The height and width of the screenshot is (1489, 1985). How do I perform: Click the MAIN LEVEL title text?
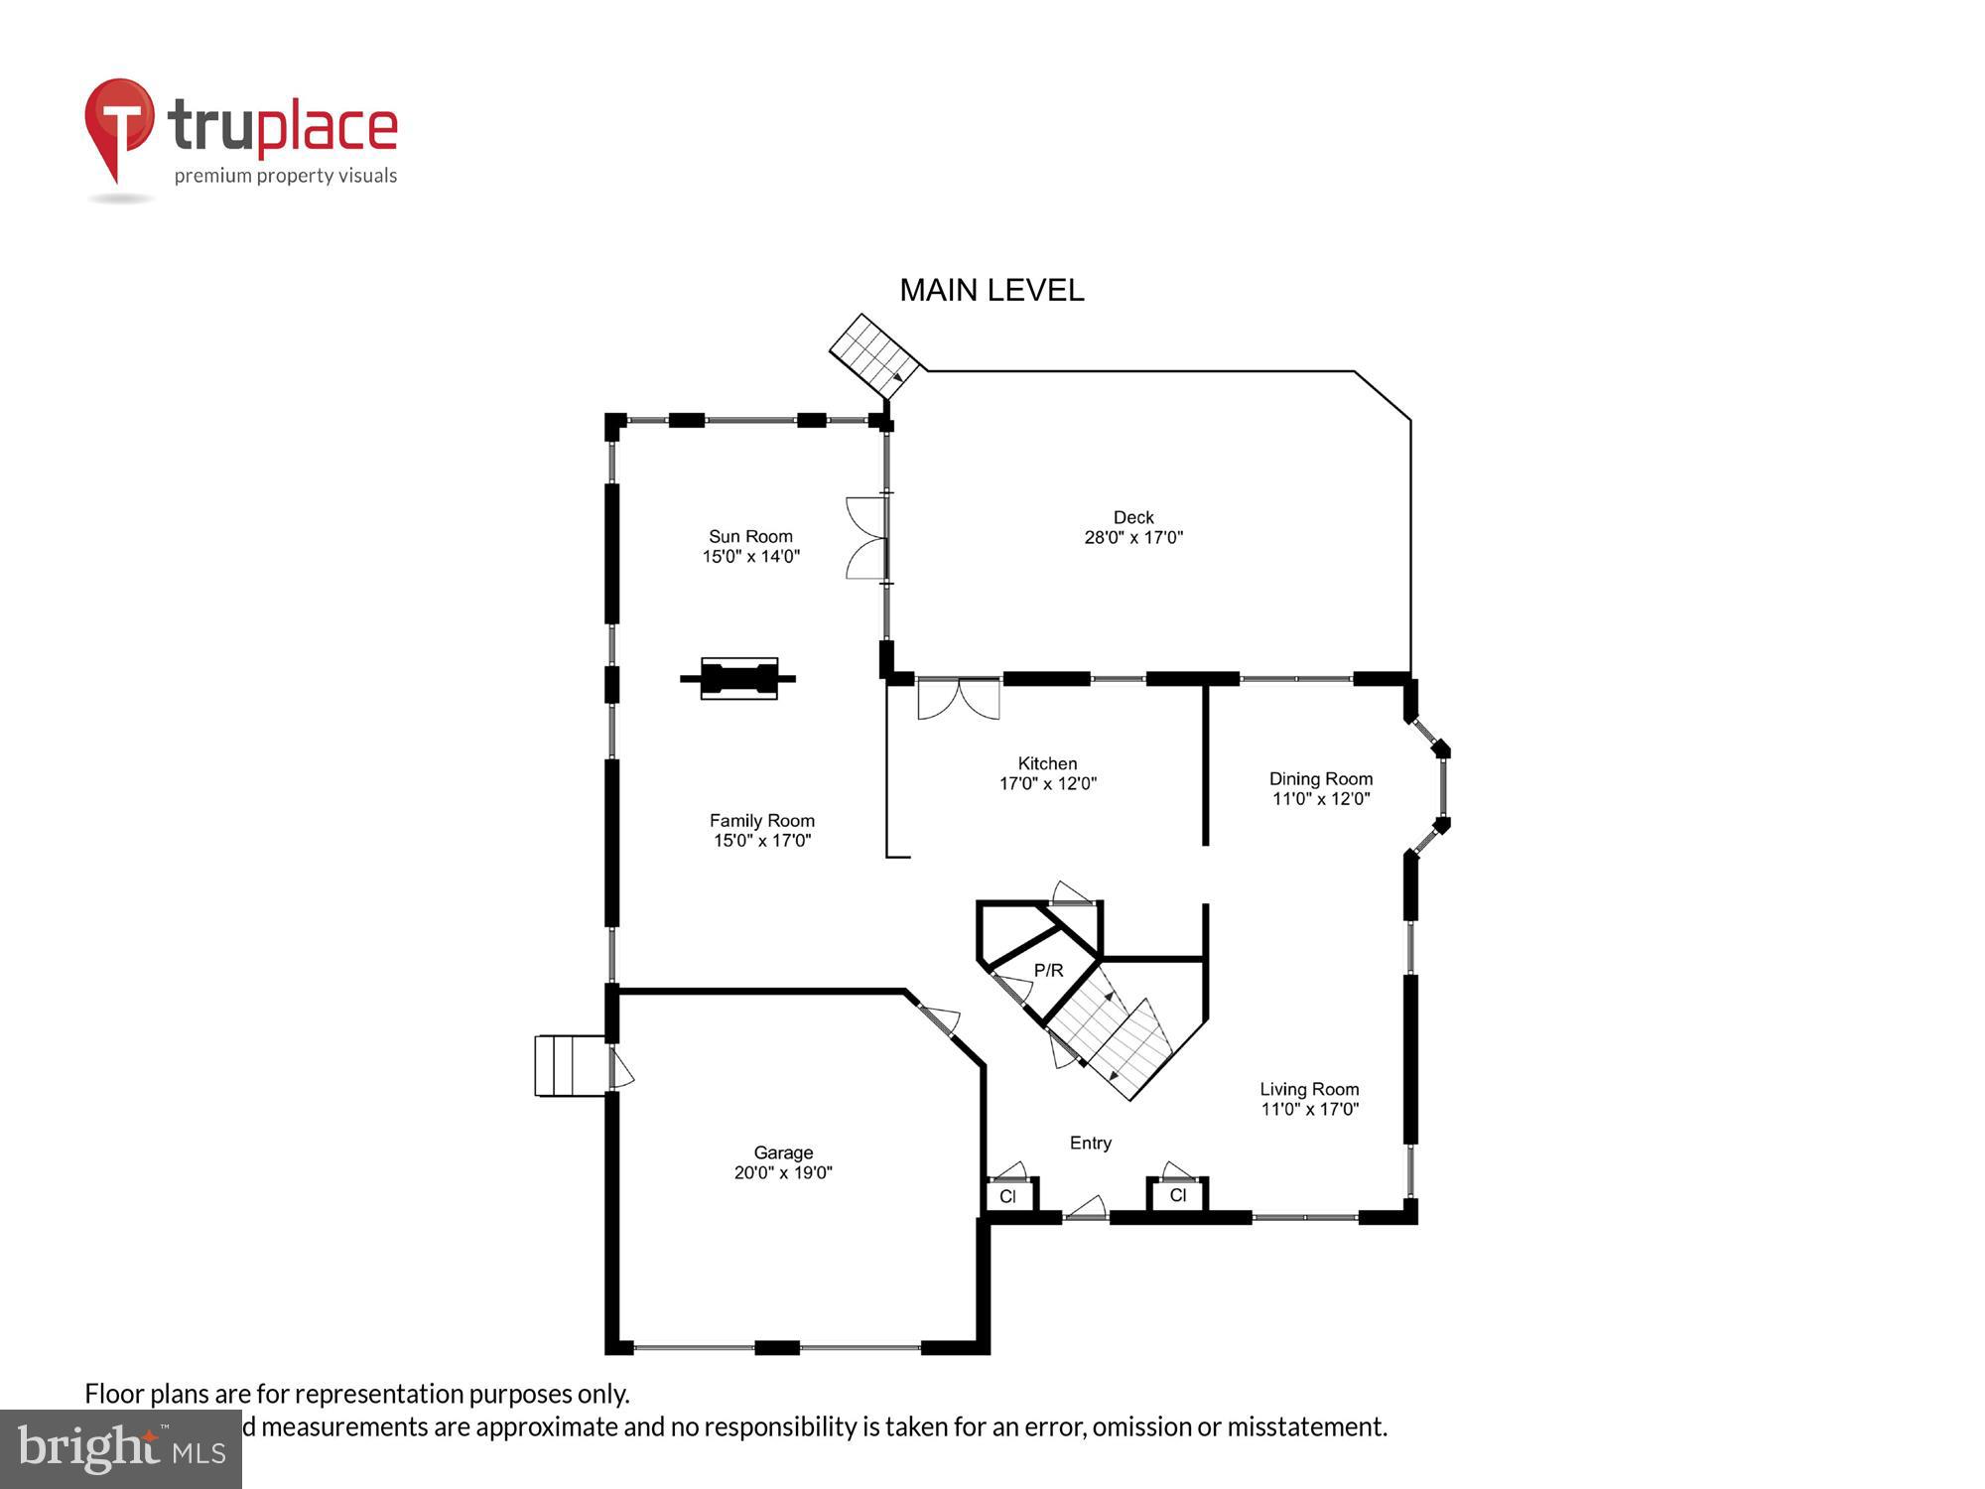(991, 290)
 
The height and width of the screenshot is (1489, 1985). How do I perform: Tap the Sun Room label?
(750, 536)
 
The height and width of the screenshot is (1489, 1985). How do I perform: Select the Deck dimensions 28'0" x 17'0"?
(1133, 538)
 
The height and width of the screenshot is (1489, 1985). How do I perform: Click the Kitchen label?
(1047, 763)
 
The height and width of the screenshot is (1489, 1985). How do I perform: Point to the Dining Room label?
(1320, 779)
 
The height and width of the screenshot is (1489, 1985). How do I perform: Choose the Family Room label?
(761, 821)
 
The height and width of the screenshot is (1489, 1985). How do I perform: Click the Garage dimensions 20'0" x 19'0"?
(783, 1173)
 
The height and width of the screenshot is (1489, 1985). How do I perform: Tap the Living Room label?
(1309, 1089)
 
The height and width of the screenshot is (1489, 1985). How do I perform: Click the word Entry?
(1090, 1144)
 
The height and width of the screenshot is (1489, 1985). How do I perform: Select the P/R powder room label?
(1048, 971)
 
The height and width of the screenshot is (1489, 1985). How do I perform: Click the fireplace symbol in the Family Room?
(738, 679)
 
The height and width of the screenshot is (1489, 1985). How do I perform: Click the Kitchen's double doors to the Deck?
(958, 699)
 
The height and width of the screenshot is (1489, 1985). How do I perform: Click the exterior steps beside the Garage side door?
(570, 1065)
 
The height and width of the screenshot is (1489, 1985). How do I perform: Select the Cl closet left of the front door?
(1008, 1196)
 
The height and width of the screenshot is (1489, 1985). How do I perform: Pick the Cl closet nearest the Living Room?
(1177, 1195)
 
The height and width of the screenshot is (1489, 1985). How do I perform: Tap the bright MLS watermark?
(120, 1449)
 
